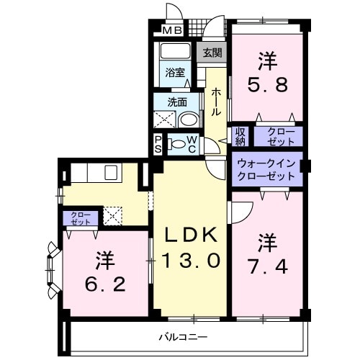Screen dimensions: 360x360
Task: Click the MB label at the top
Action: coord(171,30)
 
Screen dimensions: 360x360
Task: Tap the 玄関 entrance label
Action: coord(212,53)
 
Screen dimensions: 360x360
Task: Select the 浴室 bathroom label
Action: coord(174,73)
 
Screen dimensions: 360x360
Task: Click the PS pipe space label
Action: coord(158,145)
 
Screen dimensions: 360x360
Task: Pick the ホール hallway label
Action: coord(215,102)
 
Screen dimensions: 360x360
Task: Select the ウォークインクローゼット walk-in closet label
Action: coord(266,169)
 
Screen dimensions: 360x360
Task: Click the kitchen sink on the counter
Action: coord(112,173)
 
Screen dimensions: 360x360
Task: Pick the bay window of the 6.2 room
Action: coord(53,271)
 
